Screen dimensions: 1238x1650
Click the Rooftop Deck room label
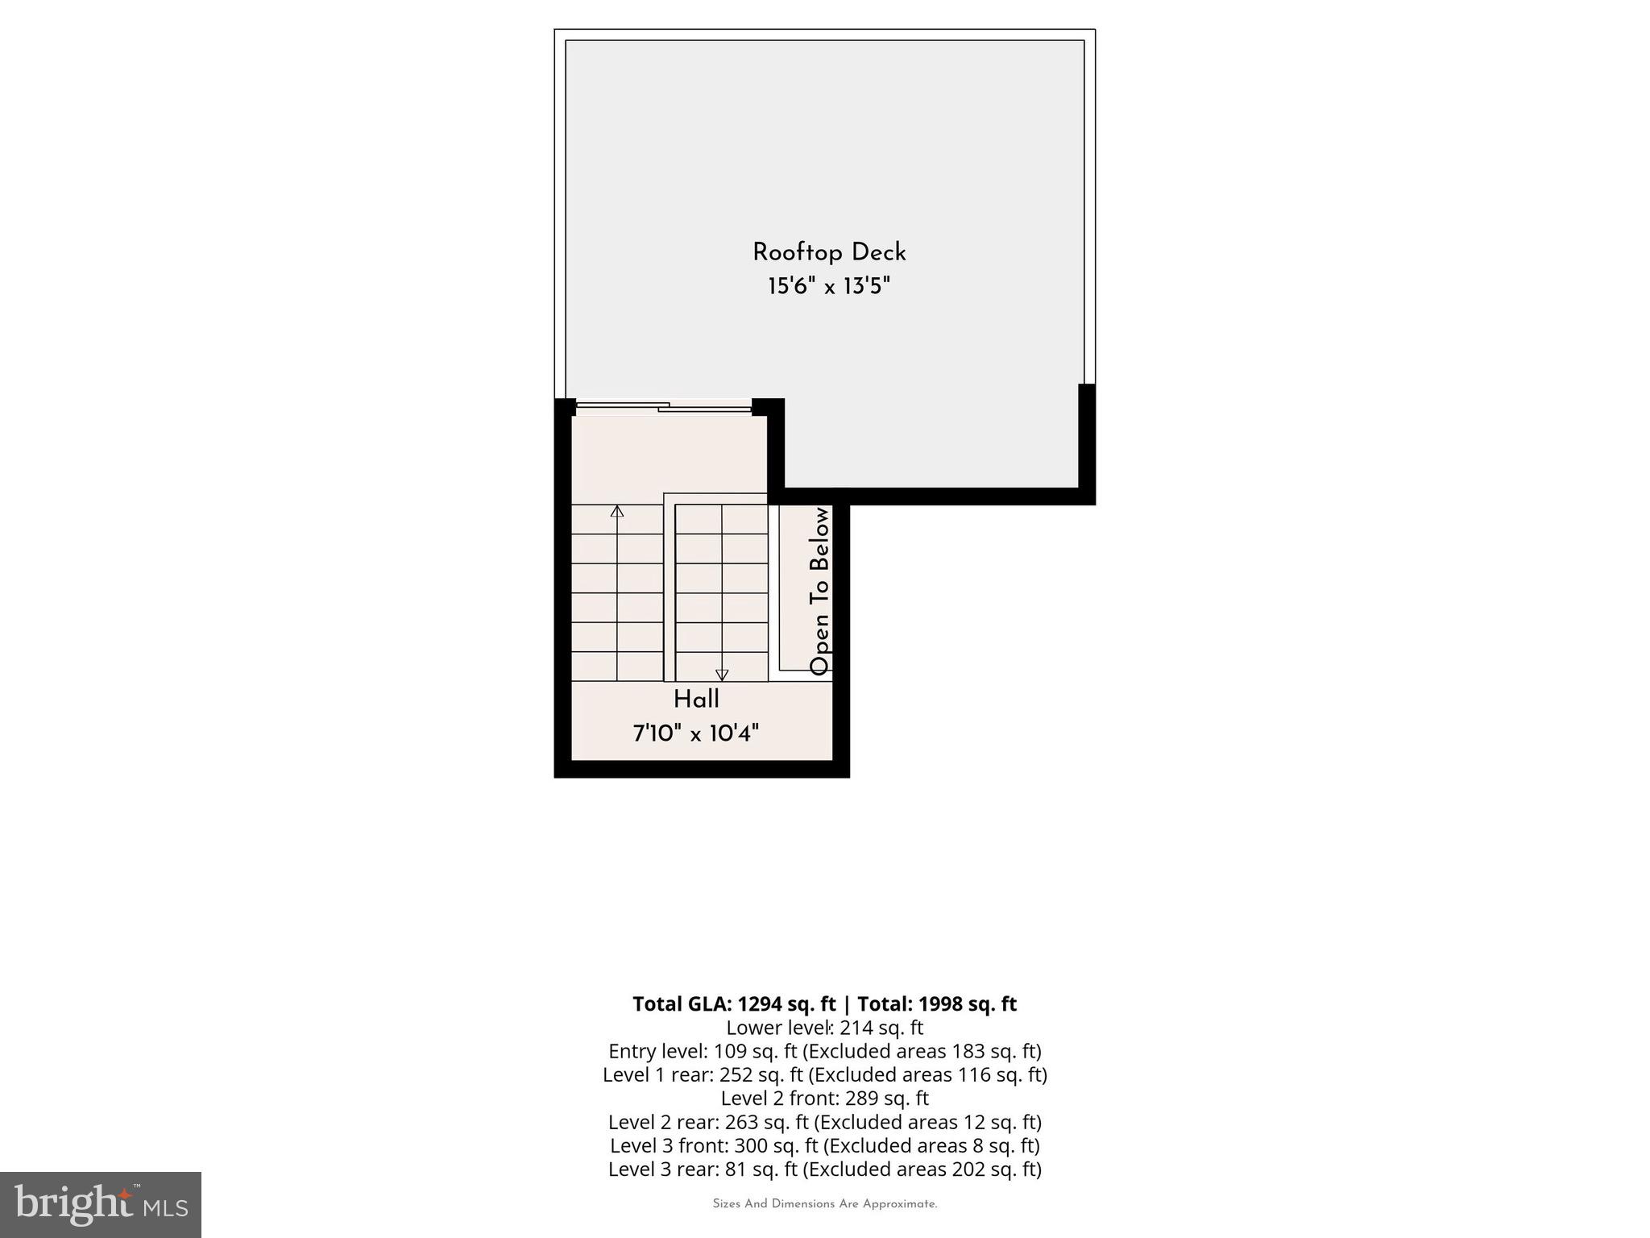coord(829,252)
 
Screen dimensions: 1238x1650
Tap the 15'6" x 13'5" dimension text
coord(829,286)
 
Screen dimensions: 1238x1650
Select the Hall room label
coord(696,699)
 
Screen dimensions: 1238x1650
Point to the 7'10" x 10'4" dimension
coord(696,733)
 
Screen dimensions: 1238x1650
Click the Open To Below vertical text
coord(819,591)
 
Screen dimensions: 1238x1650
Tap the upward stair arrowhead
coord(617,511)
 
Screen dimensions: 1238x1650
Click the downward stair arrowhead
coord(722,675)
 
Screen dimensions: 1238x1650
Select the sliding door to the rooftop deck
coord(664,407)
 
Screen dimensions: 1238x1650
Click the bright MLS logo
coord(101,1204)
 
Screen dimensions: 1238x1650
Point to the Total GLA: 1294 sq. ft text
coord(734,1003)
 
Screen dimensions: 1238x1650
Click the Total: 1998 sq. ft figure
coord(937,1003)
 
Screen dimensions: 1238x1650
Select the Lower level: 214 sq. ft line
coord(824,1028)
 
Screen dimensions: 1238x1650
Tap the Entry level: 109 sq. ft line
coord(824,1051)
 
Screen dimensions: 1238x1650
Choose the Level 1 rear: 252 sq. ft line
coord(824,1074)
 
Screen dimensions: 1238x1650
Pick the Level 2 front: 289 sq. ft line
coord(824,1098)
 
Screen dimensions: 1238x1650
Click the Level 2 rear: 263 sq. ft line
coord(824,1122)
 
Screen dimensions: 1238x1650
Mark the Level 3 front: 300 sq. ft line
coord(824,1145)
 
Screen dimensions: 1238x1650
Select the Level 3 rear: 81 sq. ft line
coord(824,1169)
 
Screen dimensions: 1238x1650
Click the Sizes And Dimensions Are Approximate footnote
coord(824,1204)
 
